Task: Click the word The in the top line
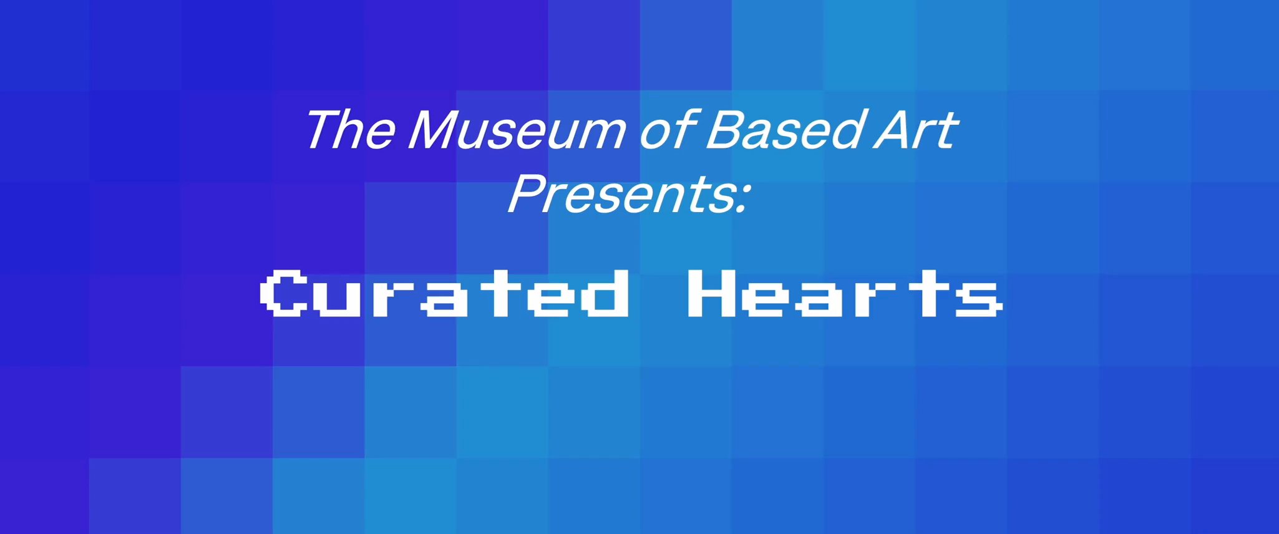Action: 351,130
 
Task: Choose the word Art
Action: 915,130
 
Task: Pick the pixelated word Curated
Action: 445,293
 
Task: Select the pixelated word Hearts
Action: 845,293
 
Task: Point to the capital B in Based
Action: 726,130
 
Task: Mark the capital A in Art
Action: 892,130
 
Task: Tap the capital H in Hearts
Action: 711,293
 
